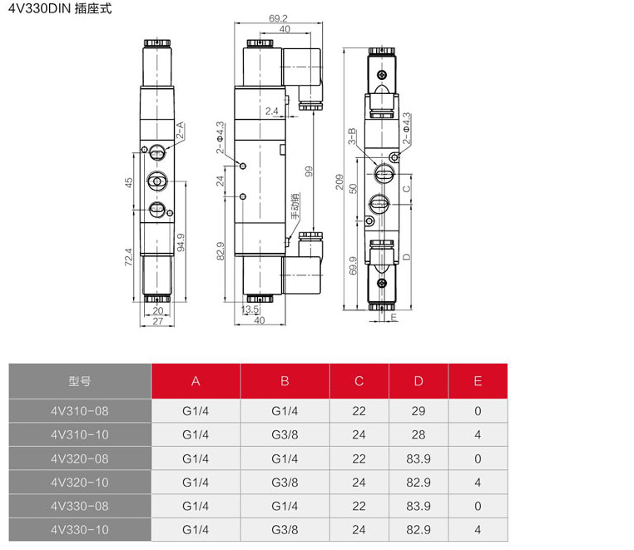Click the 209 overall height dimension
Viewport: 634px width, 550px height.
[x=339, y=181]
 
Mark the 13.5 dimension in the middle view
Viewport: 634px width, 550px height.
[x=250, y=310]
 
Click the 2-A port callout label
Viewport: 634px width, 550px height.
[x=180, y=129]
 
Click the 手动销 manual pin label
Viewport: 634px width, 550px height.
[x=295, y=206]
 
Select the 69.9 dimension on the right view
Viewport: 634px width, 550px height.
[x=353, y=265]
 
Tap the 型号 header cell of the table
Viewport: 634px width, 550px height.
[x=80, y=382]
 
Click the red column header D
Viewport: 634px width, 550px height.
[x=419, y=382]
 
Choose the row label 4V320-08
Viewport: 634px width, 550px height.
[x=80, y=458]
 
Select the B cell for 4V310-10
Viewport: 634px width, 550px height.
[x=285, y=434]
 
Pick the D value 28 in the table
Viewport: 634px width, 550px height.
[x=419, y=434]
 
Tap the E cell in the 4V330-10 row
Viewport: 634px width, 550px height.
[x=478, y=529]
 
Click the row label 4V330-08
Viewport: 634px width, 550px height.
[x=80, y=506]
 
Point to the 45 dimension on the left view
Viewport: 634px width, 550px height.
[x=129, y=182]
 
